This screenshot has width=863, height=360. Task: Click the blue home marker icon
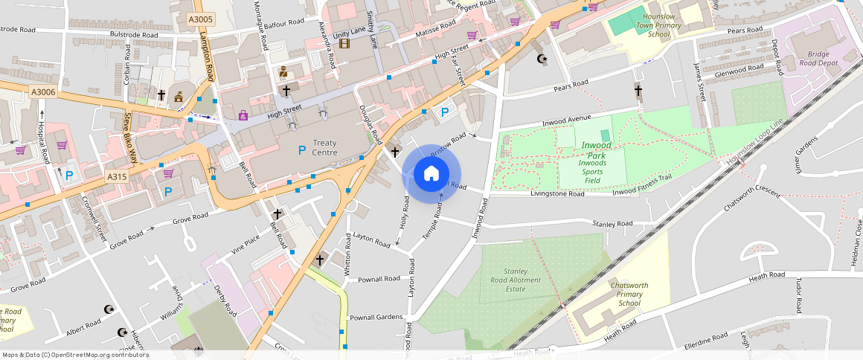point(431,174)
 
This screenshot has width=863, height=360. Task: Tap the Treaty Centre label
point(324,147)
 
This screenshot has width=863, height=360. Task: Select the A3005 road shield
point(200,20)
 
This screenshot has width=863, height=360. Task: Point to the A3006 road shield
point(44,91)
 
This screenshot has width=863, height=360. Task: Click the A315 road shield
point(117,176)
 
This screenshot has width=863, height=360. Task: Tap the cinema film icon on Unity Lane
point(344,43)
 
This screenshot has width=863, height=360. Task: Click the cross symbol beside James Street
point(638,91)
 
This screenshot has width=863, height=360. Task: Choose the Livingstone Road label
point(557,193)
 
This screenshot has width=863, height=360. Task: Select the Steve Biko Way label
point(129,137)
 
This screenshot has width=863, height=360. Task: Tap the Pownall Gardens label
point(376,317)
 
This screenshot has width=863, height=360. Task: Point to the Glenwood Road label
point(739,68)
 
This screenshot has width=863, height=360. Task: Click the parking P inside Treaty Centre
point(301,150)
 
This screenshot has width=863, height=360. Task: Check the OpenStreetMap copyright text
point(75,355)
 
